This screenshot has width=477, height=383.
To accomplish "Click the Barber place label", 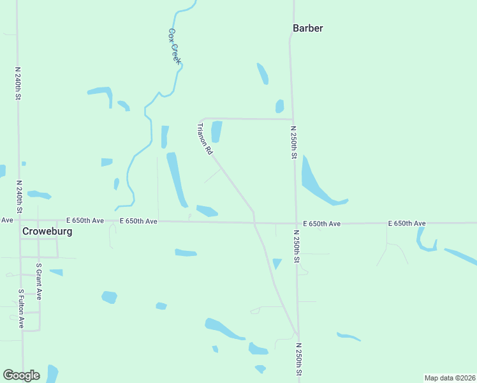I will pyautogui.click(x=307, y=28).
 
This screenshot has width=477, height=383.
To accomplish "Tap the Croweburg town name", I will pyautogui.click(x=47, y=232).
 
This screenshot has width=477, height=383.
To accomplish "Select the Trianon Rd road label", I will pyautogui.click(x=205, y=140).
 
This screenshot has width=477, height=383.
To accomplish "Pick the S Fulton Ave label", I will pyautogui.click(x=21, y=309).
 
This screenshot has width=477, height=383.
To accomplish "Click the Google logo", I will pyautogui.click(x=21, y=375).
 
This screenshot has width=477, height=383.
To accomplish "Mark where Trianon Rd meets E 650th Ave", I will pyautogui.click(x=254, y=223).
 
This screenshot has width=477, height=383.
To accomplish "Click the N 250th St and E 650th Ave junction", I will pyautogui.click(x=296, y=223).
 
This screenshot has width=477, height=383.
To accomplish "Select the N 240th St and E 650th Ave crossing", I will pyautogui.click(x=18, y=220).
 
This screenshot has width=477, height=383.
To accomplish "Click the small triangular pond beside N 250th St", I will pyautogui.click(x=277, y=263).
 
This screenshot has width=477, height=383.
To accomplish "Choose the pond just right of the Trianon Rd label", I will pyautogui.click(x=216, y=131).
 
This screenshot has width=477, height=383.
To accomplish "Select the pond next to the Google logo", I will pyautogui.click(x=52, y=373).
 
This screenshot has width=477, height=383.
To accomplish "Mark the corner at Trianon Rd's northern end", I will pyautogui.click(x=202, y=119).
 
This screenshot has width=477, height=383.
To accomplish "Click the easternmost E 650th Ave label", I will pyautogui.click(x=407, y=223).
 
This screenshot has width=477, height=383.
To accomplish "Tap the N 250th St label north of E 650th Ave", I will pyautogui.click(x=294, y=143).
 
